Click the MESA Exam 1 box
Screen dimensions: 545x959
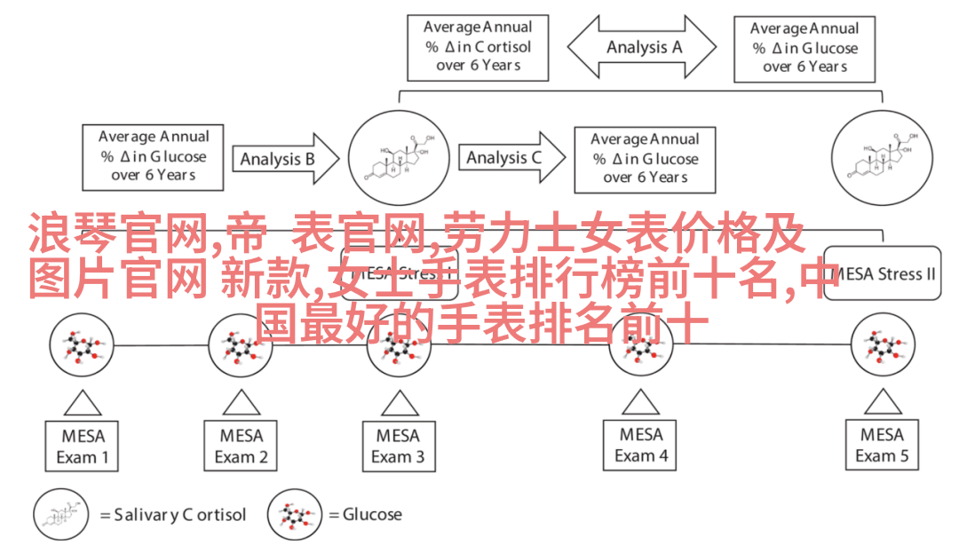click(83, 446)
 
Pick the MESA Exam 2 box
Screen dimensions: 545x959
click(241, 446)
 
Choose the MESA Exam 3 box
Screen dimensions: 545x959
click(398, 446)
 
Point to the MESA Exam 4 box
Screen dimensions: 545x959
click(641, 446)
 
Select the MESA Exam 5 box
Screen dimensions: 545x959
click(882, 446)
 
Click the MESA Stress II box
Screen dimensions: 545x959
click(881, 273)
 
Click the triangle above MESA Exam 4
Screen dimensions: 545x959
click(641, 402)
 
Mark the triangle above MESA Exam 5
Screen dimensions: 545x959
click(882, 402)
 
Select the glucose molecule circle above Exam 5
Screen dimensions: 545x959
click(883, 346)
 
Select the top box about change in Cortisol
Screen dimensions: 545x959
click(478, 47)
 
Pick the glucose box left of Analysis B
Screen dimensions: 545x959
click(153, 156)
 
